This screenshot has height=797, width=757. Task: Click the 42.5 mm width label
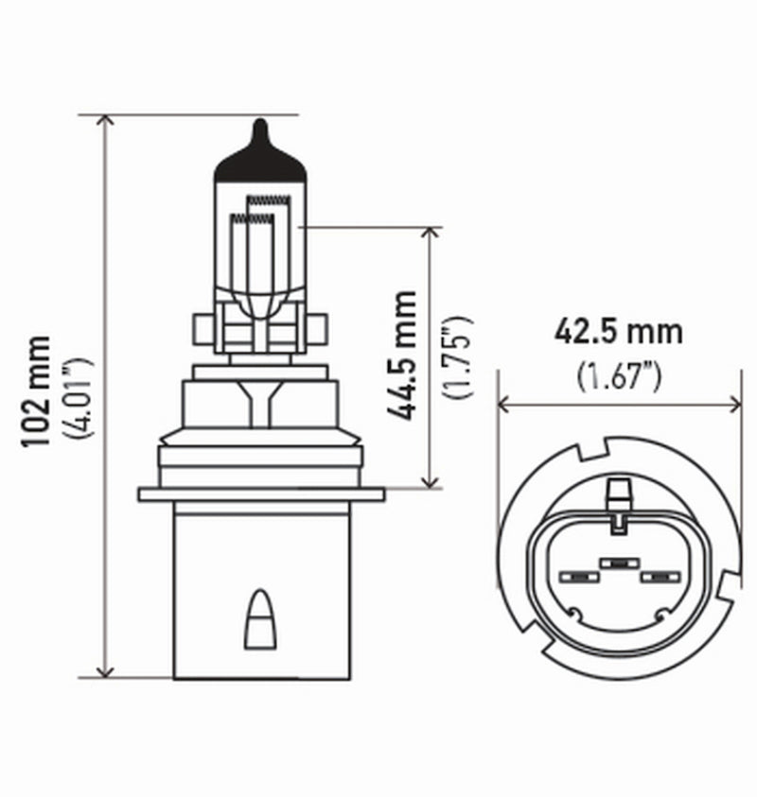(618, 334)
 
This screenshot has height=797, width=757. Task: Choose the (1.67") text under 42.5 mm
(618, 374)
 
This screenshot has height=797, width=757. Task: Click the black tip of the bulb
(260, 156)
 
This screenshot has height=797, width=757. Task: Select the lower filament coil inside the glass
(251, 218)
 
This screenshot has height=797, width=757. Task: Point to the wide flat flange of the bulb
(260, 494)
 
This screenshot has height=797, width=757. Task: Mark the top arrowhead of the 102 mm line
(106, 121)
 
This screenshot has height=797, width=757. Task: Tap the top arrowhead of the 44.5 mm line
(431, 233)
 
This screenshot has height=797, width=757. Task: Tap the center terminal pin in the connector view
(617, 563)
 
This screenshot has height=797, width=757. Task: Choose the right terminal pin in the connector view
(655, 576)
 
